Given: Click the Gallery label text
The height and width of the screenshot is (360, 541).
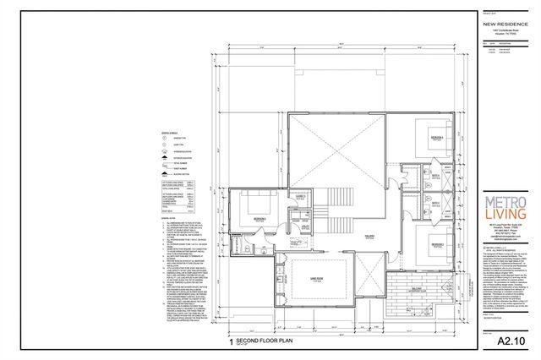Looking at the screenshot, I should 369,237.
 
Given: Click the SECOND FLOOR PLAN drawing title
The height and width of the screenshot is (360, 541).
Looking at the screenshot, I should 266,344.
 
